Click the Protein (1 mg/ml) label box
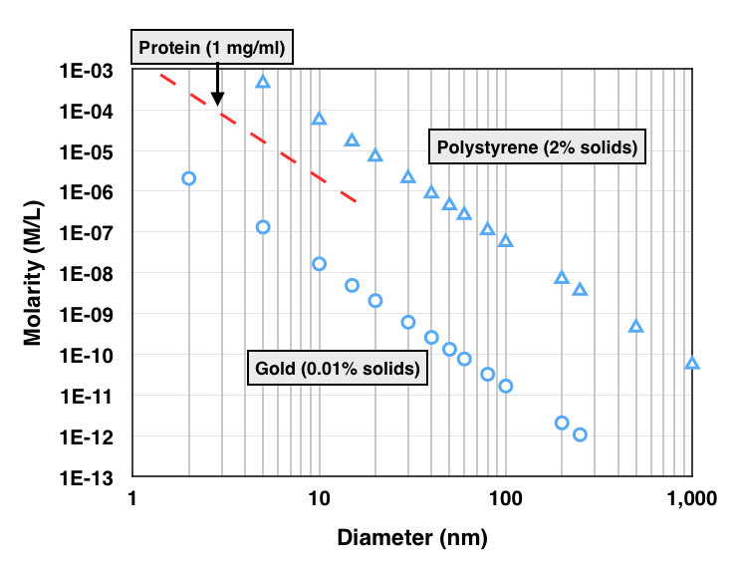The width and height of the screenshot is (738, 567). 210,48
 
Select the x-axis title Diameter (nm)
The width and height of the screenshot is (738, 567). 411,539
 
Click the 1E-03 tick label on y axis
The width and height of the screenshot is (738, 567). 90,72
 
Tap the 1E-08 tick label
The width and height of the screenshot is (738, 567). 90,275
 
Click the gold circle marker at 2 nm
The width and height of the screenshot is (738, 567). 188,178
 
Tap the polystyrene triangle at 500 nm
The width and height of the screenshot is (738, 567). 635,326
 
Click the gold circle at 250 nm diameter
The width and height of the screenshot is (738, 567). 580,434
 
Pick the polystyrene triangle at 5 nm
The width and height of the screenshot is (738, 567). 263,82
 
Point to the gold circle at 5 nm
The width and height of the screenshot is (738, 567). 263,227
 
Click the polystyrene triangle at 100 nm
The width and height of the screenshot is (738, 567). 505,241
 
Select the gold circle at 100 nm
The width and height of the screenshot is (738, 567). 505,386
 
